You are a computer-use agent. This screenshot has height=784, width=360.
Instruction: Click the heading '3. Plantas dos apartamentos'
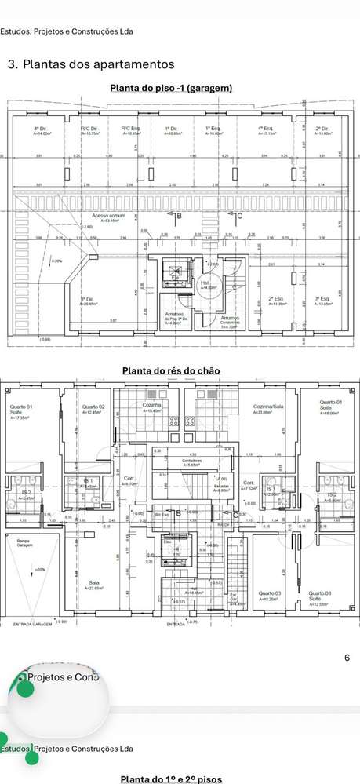pyautogui.click(x=90, y=64)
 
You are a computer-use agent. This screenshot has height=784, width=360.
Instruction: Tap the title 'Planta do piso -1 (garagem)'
pyautogui.click(x=171, y=88)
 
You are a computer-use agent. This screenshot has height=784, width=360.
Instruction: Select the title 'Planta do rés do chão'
pyautogui.click(x=171, y=370)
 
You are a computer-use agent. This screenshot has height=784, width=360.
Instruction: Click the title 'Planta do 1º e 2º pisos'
pyautogui.click(x=171, y=779)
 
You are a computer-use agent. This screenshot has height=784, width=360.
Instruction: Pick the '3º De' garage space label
pyautogui.click(x=88, y=301)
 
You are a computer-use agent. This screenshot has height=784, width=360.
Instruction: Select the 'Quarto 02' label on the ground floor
pyautogui.click(x=93, y=409)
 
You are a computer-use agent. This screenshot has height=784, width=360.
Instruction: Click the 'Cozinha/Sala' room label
pyautogui.click(x=267, y=409)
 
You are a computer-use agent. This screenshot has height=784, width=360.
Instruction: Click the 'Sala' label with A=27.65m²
pyautogui.click(x=94, y=583)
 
